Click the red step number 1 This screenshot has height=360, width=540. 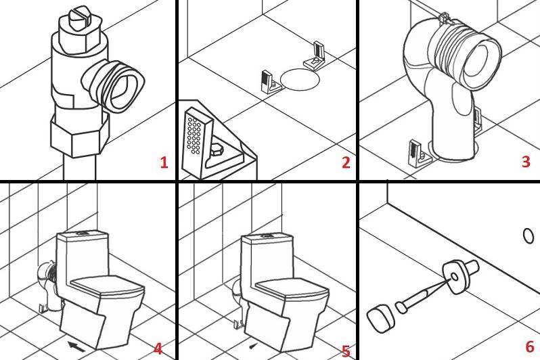click(164, 162)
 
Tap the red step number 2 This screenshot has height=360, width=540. click(346, 162)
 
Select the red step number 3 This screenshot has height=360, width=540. click(526, 161)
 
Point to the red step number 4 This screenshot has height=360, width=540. click(158, 349)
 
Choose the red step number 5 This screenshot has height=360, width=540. click(346, 351)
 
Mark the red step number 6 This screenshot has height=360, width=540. click(530, 346)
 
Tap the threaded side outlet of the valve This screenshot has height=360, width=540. click(114, 85)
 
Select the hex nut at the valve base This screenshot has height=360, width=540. click(80, 135)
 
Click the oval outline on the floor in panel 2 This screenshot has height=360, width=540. click(300, 79)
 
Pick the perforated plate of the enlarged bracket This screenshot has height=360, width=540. click(197, 141)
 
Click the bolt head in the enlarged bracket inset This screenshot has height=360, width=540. click(219, 151)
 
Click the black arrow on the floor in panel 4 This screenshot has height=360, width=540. click(76, 347)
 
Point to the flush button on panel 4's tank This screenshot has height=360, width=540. click(82, 233)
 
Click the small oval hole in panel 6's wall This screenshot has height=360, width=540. click(528, 236)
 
